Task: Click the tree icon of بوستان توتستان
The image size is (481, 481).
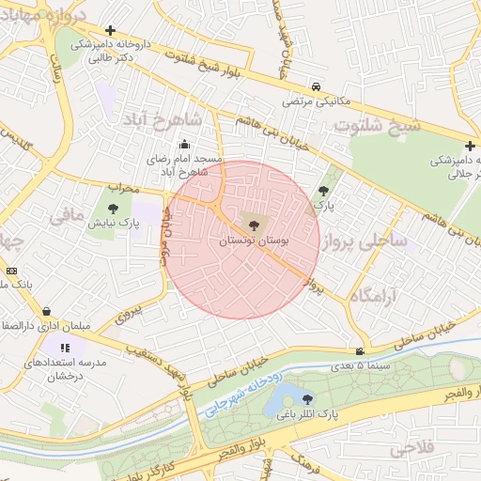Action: [251, 223]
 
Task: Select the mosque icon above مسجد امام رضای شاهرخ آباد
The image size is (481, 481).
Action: [184, 145]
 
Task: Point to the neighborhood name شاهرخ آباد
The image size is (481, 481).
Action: [161, 119]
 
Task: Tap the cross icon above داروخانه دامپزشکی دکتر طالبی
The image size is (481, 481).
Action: [111, 30]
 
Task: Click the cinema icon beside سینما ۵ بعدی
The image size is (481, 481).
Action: [360, 351]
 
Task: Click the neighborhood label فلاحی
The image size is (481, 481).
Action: [411, 448]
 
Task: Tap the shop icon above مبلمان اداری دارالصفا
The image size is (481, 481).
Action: [47, 311]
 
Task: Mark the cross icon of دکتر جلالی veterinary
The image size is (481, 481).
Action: [470, 146]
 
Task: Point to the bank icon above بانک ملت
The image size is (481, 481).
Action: [11, 271]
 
